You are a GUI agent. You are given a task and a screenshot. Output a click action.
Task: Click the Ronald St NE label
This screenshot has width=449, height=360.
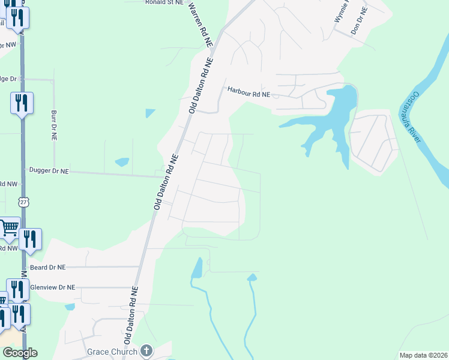tap(164, 2)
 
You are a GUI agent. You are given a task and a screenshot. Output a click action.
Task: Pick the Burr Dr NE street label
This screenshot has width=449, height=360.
tap(53, 125)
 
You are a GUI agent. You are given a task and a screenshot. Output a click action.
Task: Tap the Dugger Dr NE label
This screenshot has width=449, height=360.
tap(49, 171)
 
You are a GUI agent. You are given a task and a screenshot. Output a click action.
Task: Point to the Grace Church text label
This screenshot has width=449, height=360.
tap(112, 351)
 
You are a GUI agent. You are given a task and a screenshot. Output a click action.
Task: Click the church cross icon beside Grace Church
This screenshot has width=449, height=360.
tap(146, 350)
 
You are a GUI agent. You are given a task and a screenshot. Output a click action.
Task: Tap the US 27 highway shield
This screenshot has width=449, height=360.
tap(23, 202)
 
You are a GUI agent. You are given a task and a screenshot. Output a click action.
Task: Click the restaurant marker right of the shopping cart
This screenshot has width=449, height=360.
tap(30, 239)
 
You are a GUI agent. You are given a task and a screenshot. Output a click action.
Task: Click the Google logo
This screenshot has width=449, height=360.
tap(19, 353)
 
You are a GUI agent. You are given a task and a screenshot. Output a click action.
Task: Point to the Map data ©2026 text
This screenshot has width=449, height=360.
tap(423, 355)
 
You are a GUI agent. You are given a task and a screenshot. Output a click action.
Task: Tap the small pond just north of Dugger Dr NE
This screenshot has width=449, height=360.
tap(122, 162)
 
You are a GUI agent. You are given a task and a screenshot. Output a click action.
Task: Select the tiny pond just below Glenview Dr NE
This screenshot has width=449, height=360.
tap(70, 307)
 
